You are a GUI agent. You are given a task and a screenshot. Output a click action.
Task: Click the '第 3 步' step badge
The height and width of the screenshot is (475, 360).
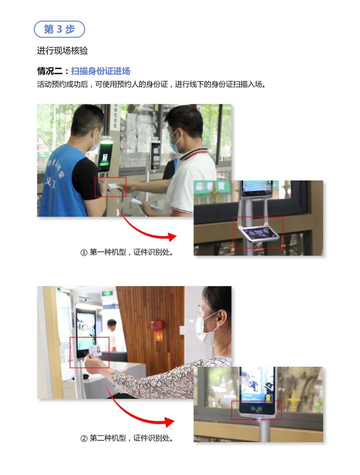[x=59, y=29]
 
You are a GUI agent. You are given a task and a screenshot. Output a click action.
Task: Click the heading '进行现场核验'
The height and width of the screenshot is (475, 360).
[x=62, y=51]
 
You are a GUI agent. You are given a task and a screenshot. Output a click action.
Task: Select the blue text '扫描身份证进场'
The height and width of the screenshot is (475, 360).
[x=101, y=71]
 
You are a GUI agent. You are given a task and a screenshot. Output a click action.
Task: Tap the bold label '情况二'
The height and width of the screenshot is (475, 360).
[x=50, y=71]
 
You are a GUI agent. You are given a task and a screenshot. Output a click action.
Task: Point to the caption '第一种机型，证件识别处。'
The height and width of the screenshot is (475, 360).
[x=132, y=252]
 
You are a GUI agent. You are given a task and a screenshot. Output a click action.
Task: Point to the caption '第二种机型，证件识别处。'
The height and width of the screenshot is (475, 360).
[x=132, y=438]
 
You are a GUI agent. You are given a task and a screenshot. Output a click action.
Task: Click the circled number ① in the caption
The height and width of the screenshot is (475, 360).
[x=84, y=252]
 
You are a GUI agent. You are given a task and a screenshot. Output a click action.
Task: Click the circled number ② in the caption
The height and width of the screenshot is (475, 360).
[x=84, y=438]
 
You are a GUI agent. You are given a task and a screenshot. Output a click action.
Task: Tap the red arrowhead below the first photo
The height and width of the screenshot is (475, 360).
[x=172, y=237]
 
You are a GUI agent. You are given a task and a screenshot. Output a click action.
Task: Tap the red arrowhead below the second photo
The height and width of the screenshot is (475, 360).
[x=170, y=422]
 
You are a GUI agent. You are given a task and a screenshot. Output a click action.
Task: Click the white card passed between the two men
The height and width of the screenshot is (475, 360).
[x=115, y=187]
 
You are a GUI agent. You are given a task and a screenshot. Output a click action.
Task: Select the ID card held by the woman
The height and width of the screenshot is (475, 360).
[x=95, y=351]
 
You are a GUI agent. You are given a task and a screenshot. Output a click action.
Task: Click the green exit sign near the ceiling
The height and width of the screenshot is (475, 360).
[x=107, y=293]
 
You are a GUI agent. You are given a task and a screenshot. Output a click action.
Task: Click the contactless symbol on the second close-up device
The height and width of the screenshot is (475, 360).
[x=257, y=408]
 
